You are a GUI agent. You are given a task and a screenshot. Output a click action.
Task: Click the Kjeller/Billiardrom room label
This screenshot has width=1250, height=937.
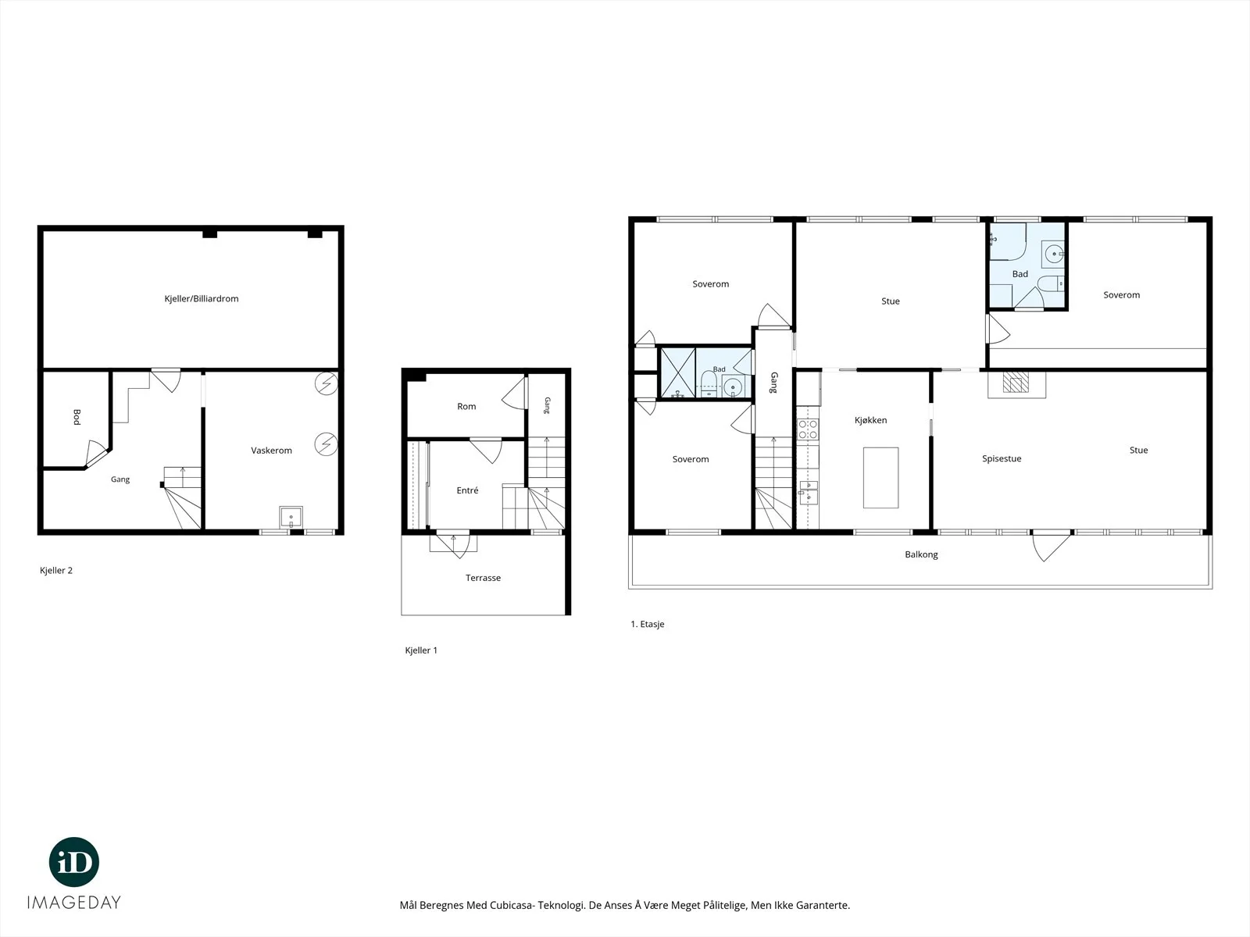tap(202, 299)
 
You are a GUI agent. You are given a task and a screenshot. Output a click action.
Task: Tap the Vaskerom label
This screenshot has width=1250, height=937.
tap(272, 451)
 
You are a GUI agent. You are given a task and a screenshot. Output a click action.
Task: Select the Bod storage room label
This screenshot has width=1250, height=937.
tap(77, 417)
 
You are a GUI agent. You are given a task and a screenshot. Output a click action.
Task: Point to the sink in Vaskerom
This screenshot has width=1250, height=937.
tap(291, 517)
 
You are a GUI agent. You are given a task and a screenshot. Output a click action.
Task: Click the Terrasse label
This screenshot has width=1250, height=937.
tap(484, 578)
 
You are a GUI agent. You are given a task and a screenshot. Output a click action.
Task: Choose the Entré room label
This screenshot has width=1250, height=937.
tap(467, 490)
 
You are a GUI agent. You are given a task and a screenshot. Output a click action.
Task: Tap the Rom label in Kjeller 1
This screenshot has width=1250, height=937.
tap(466, 406)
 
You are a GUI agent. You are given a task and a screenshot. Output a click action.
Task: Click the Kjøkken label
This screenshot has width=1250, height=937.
tap(871, 420)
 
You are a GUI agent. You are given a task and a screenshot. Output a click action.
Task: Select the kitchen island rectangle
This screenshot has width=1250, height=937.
tap(881, 478)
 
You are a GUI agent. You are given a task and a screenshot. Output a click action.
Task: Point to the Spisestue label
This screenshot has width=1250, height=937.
tap(1002, 458)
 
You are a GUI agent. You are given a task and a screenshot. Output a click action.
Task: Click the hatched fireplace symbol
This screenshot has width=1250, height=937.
tap(1016, 383)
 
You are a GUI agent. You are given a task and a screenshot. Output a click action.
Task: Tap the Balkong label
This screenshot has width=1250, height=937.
tap(921, 554)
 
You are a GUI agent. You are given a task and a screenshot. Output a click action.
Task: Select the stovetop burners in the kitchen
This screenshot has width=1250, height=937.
tap(808, 429)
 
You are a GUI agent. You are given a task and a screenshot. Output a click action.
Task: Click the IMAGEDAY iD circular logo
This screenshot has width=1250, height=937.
tap(74, 862)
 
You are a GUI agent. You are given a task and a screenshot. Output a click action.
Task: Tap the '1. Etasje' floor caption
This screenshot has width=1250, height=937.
tap(648, 624)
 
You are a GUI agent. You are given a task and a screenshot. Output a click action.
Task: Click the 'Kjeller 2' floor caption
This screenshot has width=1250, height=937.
tap(56, 571)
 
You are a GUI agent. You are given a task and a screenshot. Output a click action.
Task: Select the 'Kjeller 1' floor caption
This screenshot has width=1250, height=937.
tap(421, 650)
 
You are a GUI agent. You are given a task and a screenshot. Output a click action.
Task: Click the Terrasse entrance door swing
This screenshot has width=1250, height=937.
tap(453, 544)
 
